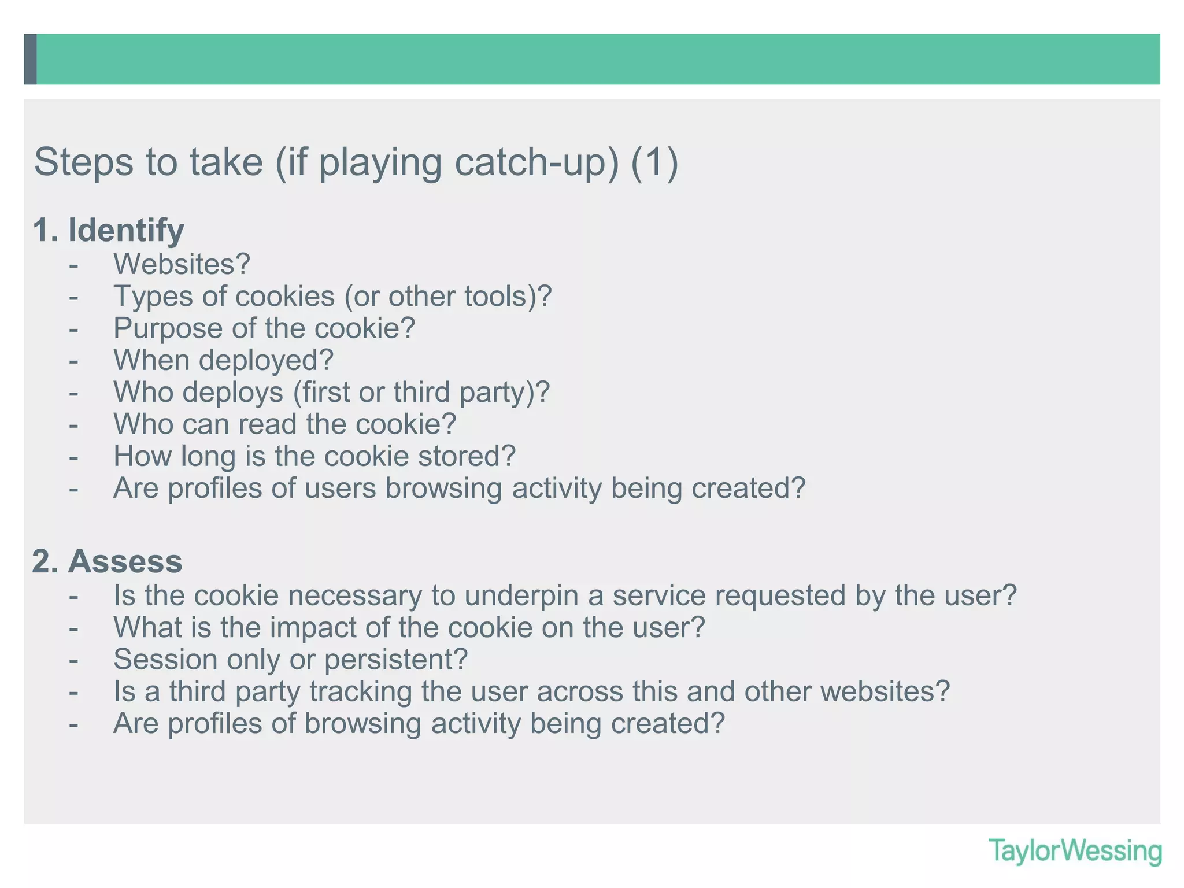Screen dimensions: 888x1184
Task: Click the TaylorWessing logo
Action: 1075,852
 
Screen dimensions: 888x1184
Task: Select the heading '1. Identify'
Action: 109,230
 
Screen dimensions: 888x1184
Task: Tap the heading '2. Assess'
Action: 108,561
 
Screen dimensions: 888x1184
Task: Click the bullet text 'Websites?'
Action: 182,264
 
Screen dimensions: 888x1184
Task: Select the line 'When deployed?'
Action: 223,360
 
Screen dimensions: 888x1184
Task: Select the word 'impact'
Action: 313,627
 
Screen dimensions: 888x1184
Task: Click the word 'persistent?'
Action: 396,660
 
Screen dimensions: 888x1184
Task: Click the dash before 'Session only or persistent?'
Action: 73,660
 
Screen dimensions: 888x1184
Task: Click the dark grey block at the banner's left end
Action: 30,59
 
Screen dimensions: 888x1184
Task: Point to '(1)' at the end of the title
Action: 654,162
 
